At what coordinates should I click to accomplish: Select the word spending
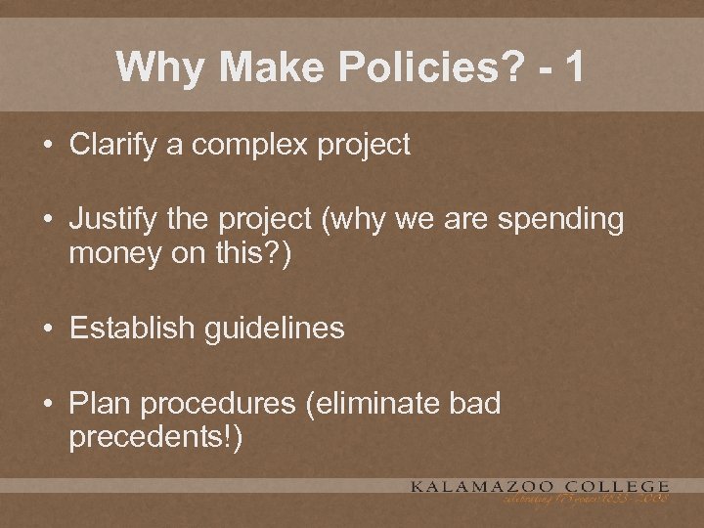pyautogui.click(x=560, y=221)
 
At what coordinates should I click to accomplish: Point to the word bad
pyautogui.click(x=473, y=404)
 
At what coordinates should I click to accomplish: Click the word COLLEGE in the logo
pyautogui.click(x=624, y=486)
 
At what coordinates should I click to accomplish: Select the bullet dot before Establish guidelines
pyautogui.click(x=49, y=329)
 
